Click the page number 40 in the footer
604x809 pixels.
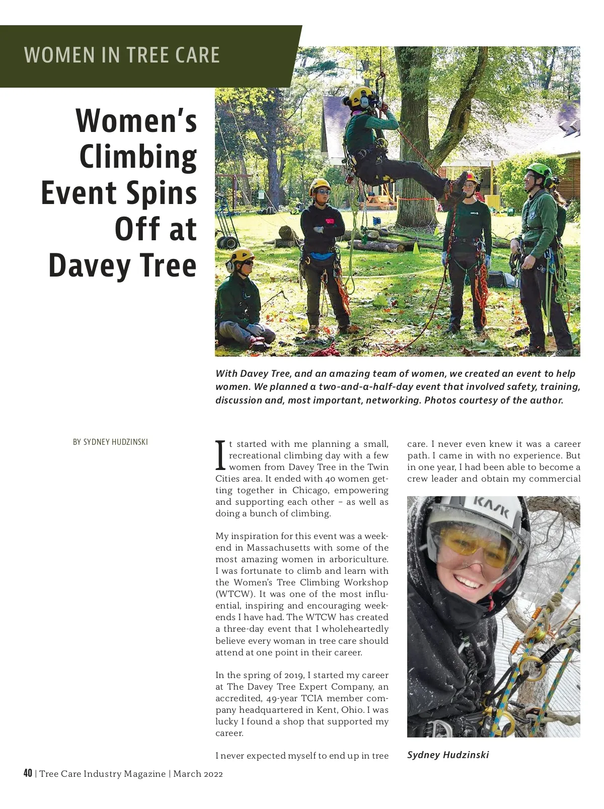28,773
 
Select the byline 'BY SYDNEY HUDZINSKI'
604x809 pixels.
110,442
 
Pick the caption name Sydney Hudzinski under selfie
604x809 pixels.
447,755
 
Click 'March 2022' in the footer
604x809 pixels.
198,774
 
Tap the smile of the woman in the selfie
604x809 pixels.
468,584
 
